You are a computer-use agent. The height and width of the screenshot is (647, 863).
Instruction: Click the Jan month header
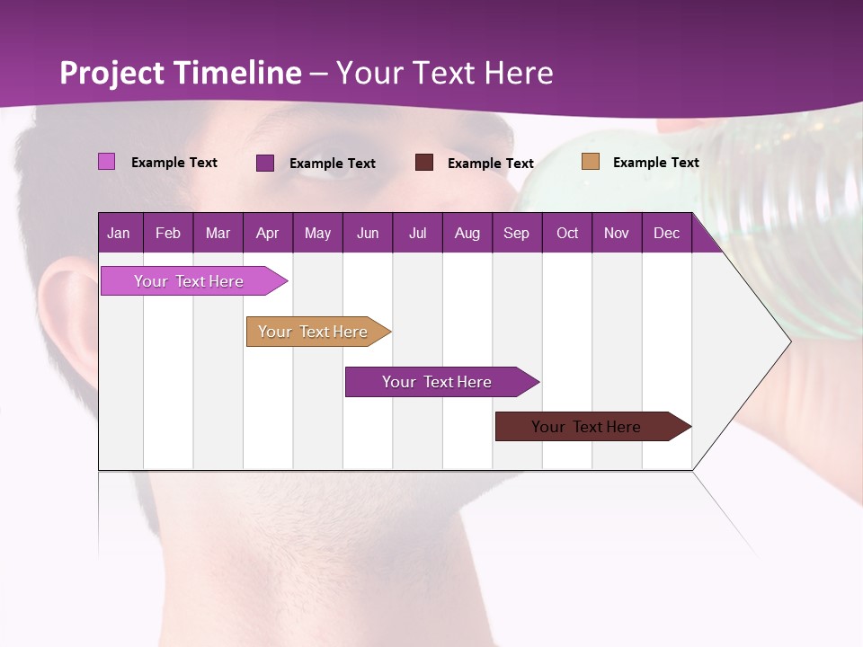click(x=119, y=233)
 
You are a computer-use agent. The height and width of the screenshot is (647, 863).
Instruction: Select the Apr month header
click(x=267, y=233)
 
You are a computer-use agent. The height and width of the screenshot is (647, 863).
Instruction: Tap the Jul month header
click(x=417, y=233)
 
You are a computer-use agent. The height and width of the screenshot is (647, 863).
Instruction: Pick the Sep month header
click(x=516, y=233)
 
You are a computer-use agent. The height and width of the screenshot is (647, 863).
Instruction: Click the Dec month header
click(x=666, y=233)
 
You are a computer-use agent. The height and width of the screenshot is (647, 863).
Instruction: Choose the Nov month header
click(x=616, y=233)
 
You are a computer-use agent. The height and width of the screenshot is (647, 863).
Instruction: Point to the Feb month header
click(x=168, y=233)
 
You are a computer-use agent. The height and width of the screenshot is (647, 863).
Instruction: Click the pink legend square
click(x=106, y=162)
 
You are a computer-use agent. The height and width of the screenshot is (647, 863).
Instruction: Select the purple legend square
click(x=265, y=163)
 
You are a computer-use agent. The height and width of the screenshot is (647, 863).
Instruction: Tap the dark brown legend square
click(x=424, y=162)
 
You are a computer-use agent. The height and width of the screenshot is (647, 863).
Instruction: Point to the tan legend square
click(x=590, y=162)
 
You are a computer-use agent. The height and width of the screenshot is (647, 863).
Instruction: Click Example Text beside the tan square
click(x=655, y=163)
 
